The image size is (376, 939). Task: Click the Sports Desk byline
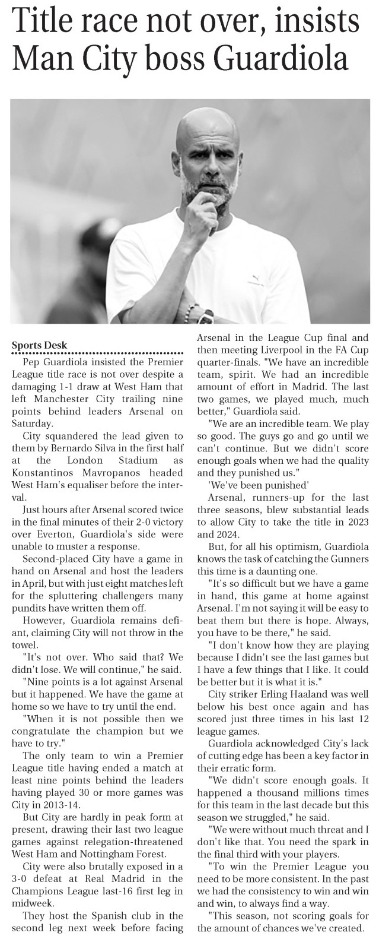40,346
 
